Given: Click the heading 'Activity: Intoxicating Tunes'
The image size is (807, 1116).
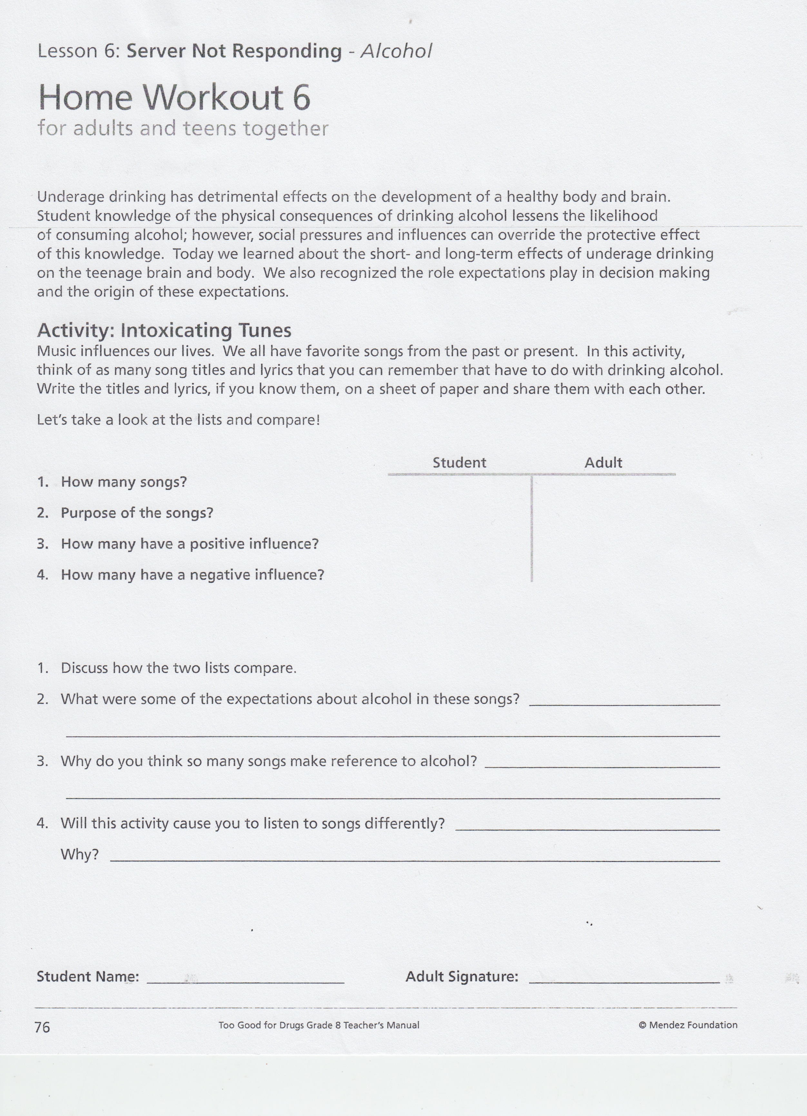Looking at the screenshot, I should tap(164, 330).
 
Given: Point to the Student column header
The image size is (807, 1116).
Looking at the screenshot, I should tap(459, 462).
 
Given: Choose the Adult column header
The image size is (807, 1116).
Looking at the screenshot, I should tap(603, 462).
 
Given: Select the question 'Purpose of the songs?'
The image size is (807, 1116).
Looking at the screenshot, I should tap(137, 513).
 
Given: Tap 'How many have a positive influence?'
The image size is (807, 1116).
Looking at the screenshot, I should tap(190, 544).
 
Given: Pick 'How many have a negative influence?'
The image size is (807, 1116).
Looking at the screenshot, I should tap(192, 575).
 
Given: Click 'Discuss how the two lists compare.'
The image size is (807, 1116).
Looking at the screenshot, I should tap(178, 668).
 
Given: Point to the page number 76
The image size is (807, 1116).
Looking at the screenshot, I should tap(42, 1027).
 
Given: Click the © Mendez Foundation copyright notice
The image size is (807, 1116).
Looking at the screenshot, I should tap(688, 1025).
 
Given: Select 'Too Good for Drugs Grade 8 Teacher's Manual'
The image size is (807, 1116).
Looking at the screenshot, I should tap(319, 1025).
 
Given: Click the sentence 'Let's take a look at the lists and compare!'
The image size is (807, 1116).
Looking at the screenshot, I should tap(178, 420).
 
